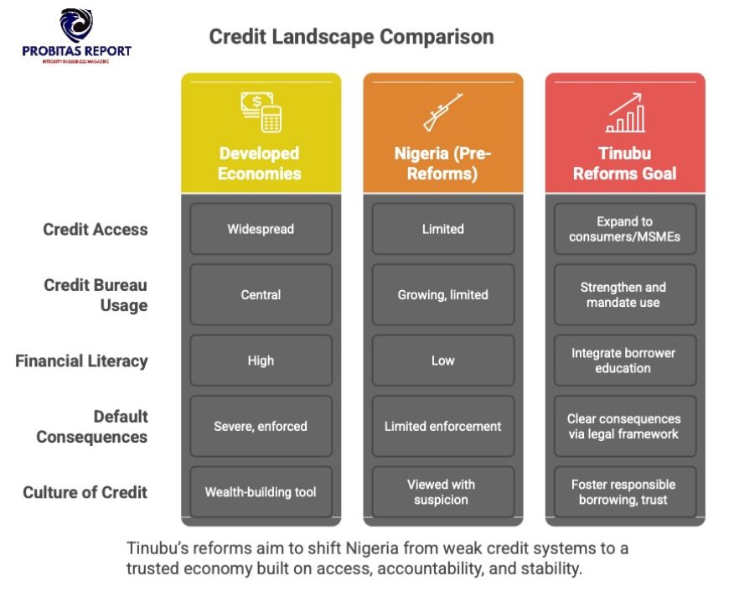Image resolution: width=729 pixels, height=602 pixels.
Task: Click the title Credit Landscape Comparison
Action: click(x=351, y=37)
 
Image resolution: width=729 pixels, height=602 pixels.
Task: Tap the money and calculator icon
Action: click(x=261, y=112)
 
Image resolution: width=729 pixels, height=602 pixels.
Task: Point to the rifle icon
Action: click(x=442, y=112)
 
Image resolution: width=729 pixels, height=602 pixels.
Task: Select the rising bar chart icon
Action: click(x=625, y=112)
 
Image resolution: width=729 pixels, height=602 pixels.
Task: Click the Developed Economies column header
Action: click(x=260, y=163)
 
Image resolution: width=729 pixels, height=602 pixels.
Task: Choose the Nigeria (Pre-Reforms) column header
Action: click(x=442, y=163)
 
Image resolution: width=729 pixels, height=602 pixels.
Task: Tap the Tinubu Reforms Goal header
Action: click(x=624, y=163)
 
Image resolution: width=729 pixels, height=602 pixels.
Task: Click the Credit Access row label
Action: click(x=96, y=230)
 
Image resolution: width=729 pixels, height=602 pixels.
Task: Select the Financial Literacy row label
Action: click(x=81, y=361)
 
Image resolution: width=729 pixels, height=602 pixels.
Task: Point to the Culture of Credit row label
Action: click(x=85, y=492)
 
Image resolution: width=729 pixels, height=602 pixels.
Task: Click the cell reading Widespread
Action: click(x=261, y=229)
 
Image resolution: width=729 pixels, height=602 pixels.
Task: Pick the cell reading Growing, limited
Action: click(x=443, y=294)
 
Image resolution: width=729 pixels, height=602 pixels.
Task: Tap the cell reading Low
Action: click(x=443, y=361)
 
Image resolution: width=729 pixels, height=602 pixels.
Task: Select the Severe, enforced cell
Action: click(x=261, y=426)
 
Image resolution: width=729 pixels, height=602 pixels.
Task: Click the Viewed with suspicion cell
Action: click(x=443, y=491)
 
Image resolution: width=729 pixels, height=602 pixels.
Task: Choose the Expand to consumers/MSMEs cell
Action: click(x=625, y=229)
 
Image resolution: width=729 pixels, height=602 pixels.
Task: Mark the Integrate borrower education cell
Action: click(x=625, y=361)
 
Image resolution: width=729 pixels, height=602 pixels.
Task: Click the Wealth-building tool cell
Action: click(x=261, y=491)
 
